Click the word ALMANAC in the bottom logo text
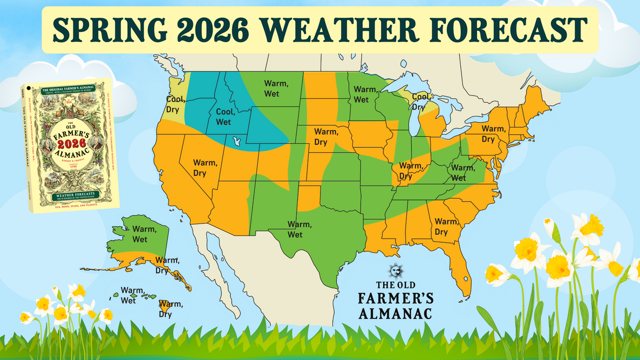coord(396,314)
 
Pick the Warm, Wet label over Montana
coord(276,89)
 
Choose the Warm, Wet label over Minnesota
coord(364,94)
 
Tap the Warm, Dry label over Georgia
coord(446,227)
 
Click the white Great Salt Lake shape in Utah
coord(236,141)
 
